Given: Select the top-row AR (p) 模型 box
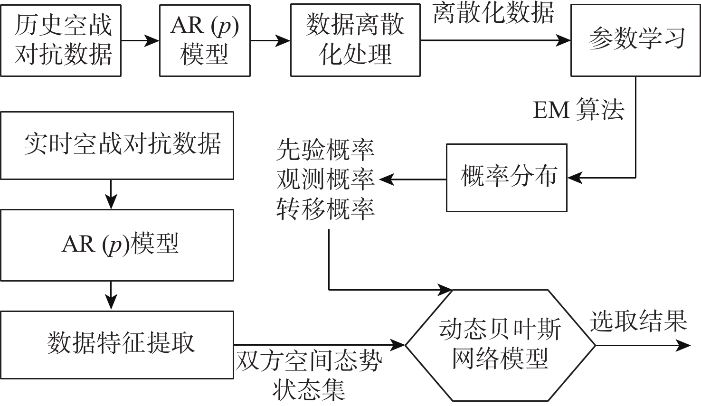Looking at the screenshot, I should pos(205,40).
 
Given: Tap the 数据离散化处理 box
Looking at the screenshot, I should pos(355,40).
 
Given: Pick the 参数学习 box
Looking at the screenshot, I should pos(635,40).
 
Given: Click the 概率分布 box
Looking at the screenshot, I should pos(507,178).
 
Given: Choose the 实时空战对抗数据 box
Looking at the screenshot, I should pos(117,145).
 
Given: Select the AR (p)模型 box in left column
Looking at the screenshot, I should pos(117,245).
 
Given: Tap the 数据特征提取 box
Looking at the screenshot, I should pos(117,345).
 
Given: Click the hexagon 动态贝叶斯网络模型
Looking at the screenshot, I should pos(500,345).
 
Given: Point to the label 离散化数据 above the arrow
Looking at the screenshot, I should pos(494,13).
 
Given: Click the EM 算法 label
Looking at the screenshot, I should pos(578,110).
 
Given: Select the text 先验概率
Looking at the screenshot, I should pos(325,150).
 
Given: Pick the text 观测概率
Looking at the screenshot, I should pos(325,179).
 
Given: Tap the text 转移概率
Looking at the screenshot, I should pos(325,208).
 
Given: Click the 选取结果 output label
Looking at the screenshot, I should pos(638,321).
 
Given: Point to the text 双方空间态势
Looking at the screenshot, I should pos(309,362).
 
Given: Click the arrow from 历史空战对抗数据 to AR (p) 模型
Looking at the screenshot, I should pos(140,41).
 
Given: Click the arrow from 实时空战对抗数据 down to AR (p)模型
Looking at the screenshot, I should pos(111,194).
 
